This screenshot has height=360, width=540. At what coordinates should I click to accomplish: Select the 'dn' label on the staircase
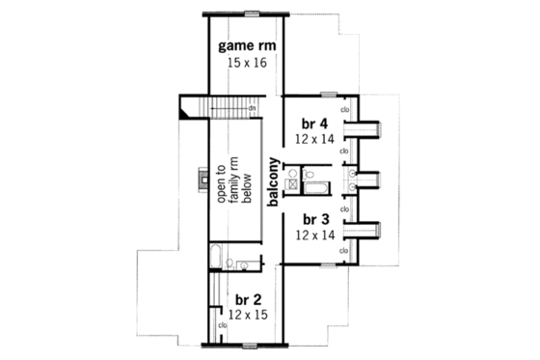click(250, 108)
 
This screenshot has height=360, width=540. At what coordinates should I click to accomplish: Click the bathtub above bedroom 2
click(219, 260)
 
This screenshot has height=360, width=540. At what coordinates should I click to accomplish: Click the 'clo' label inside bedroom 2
click(223, 325)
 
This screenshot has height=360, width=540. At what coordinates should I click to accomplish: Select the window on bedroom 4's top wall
click(329, 94)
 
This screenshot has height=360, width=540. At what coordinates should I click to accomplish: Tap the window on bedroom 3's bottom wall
click(329, 263)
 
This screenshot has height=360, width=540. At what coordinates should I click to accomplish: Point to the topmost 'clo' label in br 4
click(344, 108)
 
